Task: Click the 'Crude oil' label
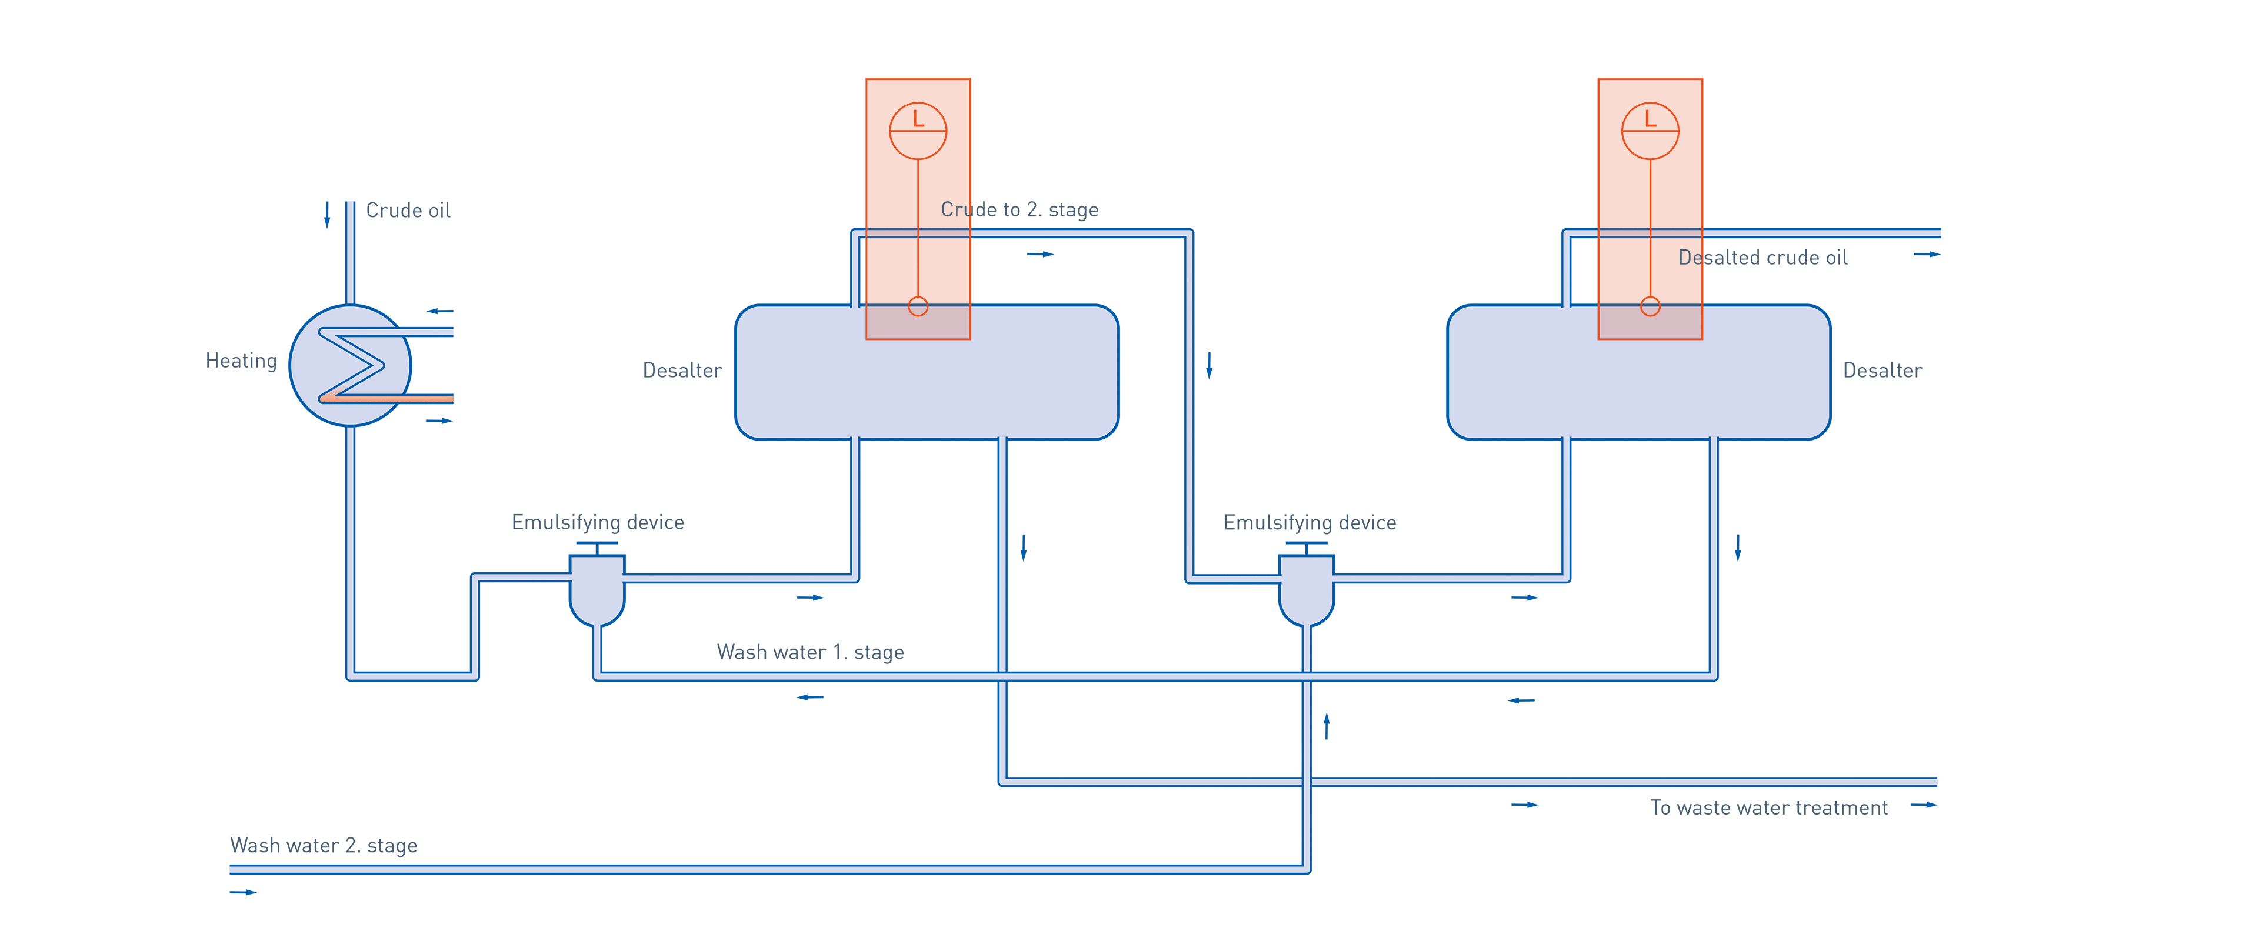point(408,211)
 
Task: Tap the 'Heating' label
point(241,361)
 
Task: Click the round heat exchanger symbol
point(350,365)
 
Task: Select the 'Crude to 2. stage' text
point(1019,209)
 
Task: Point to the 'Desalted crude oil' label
point(1762,257)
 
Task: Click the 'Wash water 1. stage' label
point(810,652)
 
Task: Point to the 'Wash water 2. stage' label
point(324,845)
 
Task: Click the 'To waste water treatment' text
point(1769,807)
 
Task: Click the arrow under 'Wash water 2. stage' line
point(243,892)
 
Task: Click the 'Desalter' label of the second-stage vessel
point(1882,370)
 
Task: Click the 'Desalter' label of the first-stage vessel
point(682,370)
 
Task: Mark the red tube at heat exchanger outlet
point(421,398)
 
